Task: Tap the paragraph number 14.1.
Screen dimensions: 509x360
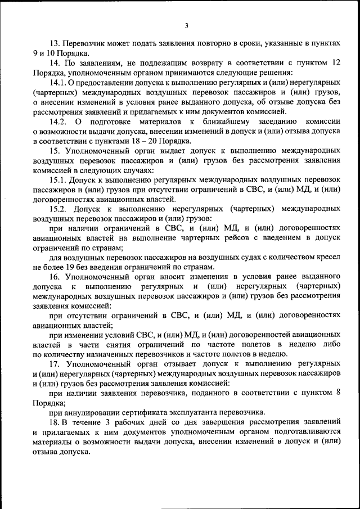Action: click(58, 82)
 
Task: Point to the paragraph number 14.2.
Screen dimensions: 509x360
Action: click(58, 121)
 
